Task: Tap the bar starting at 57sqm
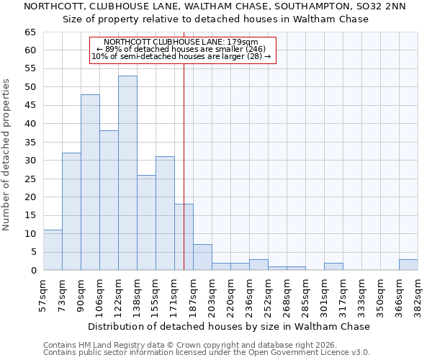[53, 250]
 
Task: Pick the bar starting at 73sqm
[71, 212]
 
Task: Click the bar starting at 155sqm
[165, 213]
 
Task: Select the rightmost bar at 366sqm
[408, 265]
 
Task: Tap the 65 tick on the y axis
[30, 32]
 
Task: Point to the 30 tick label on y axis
[30, 161]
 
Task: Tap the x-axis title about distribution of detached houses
[228, 326]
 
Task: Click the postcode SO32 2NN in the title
[379, 6]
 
